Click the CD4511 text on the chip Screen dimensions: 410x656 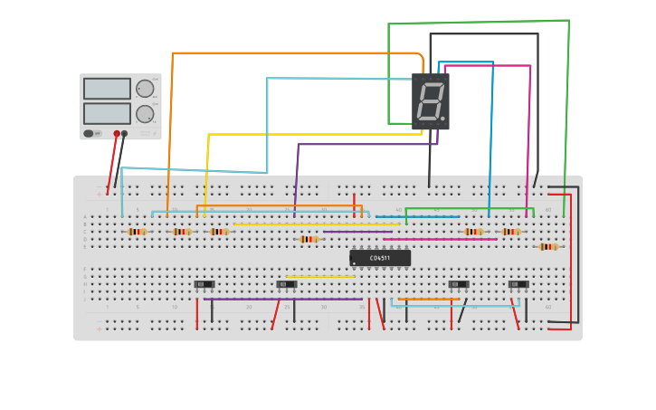[x=380, y=258]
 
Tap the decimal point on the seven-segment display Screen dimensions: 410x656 [x=442, y=119]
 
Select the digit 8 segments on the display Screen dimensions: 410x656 [x=430, y=101]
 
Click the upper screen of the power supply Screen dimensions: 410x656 [x=107, y=89]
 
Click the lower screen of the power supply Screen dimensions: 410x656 [x=107, y=113]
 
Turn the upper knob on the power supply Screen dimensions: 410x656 [x=145, y=89]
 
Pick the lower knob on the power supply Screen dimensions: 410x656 [x=145, y=113]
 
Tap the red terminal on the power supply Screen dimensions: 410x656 [x=117, y=134]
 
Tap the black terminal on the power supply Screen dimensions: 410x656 [x=125, y=134]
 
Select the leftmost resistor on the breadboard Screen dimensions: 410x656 [x=137, y=232]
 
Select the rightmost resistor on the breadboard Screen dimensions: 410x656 [x=548, y=246]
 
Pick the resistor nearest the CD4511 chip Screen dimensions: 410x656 [x=309, y=239]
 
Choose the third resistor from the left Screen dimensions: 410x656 [x=219, y=232]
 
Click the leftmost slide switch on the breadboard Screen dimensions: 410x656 [x=204, y=284]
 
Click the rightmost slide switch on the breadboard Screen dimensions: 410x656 [x=518, y=284]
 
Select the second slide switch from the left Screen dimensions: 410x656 [x=287, y=284]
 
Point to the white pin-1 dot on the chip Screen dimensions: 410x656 [x=354, y=263]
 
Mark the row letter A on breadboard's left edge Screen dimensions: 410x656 [x=86, y=217]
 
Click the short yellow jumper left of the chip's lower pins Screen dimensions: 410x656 [x=320, y=277]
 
